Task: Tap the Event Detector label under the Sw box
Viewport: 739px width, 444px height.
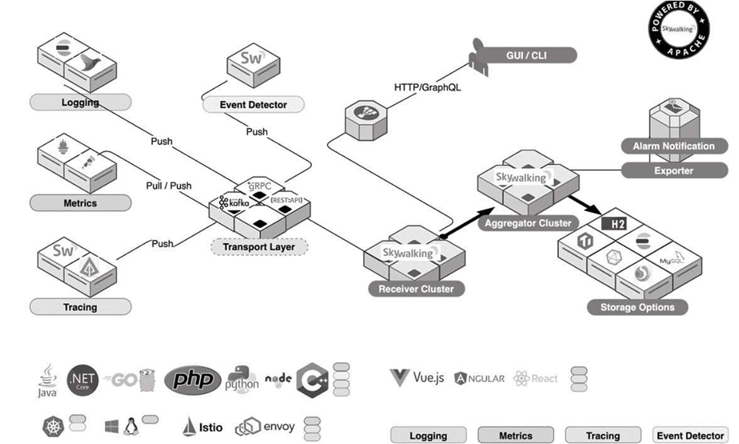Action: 253,105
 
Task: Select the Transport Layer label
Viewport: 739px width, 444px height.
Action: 259,247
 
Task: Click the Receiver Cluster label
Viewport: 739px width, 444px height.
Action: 415,289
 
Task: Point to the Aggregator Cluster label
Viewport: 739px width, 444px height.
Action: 529,223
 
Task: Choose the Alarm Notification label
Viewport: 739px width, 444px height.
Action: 673,146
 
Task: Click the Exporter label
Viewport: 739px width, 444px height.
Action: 673,171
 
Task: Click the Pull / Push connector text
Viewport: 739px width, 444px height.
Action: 169,186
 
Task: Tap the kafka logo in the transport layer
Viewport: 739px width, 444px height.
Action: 235,203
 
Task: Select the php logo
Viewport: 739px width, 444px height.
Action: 192,379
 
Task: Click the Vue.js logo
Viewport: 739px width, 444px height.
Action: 417,377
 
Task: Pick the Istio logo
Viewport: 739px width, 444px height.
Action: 202,426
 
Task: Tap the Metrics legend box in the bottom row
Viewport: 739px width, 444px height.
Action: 515,436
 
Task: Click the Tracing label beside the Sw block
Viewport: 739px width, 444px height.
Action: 80,307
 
